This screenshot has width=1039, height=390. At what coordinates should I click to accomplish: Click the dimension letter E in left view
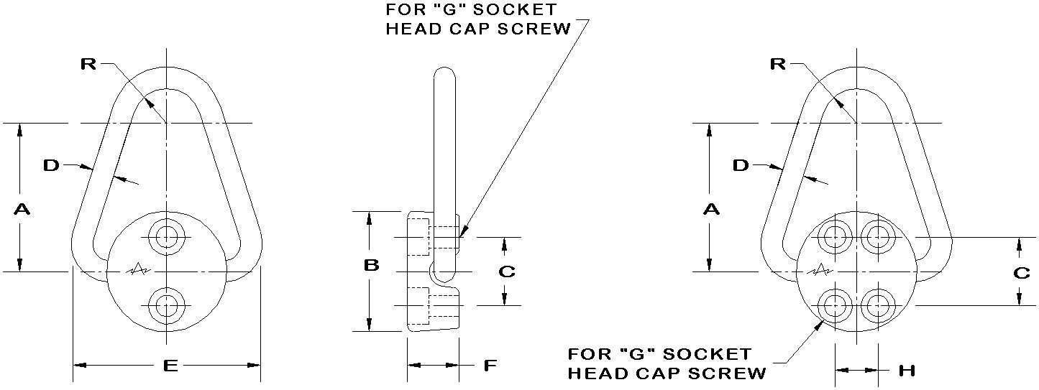pos(170,366)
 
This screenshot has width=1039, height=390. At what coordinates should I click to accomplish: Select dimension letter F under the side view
pos(490,366)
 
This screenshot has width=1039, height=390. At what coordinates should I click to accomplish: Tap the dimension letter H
pos(907,371)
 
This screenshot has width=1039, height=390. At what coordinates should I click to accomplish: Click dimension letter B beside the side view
pos(371,266)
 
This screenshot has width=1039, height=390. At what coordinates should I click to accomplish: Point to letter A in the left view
pos(22,209)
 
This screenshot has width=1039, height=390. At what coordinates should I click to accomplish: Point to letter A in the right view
pos(711,209)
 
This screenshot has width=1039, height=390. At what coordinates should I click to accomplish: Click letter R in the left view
pos(88,64)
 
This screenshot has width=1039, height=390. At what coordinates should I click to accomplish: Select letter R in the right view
pos(778,64)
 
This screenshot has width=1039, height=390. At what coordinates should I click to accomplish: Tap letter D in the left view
pos(50,166)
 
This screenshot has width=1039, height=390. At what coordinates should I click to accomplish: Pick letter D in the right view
pos(741,166)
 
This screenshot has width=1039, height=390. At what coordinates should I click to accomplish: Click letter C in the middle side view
pos(506,271)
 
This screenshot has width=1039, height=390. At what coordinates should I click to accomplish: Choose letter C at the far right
pos(1021,273)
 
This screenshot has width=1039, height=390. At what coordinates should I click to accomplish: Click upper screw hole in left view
pos(167,236)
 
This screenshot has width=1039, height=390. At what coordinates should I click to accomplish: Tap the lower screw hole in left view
pos(167,305)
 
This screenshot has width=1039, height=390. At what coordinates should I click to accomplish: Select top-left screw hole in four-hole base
pos(834,236)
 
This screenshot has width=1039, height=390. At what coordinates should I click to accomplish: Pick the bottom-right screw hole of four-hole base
pos(876,305)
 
